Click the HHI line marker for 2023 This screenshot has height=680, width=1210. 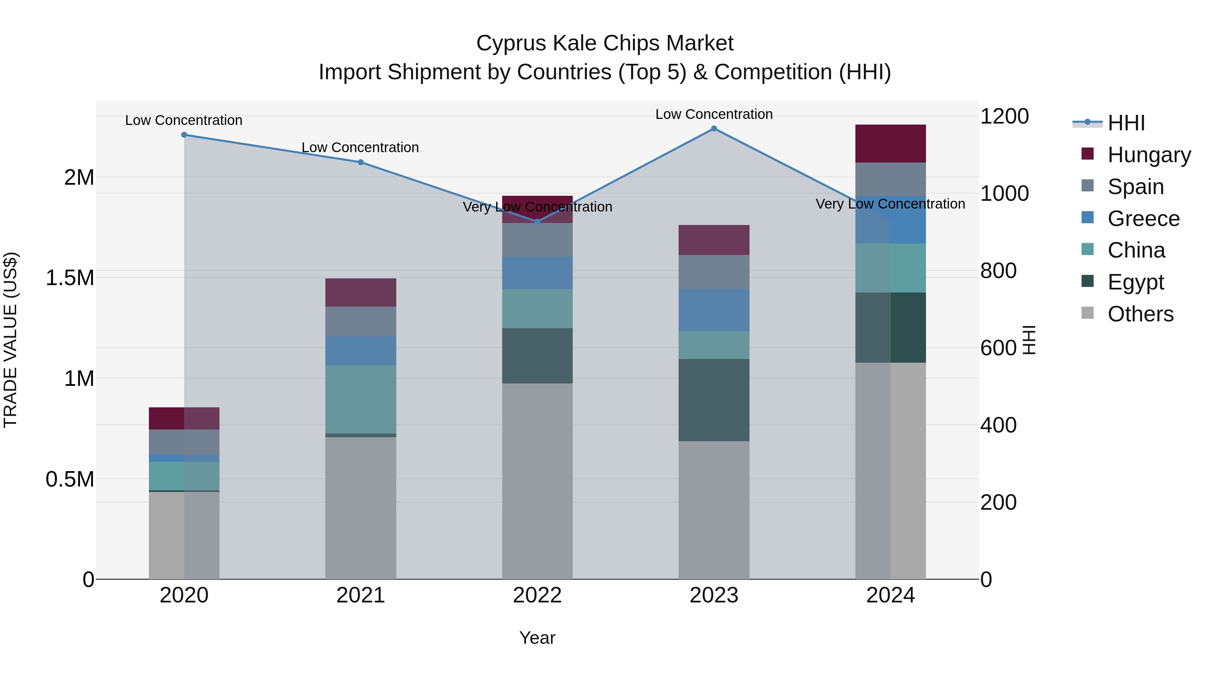(714, 129)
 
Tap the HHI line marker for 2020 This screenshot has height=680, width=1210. (184, 135)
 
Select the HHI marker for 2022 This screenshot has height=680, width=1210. (537, 222)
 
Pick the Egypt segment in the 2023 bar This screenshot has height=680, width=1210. (714, 400)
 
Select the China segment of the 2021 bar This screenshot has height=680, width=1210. (360, 399)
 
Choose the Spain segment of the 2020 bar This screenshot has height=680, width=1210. (184, 442)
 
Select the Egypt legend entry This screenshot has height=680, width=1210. (1135, 282)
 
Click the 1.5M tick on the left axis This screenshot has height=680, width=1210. (70, 278)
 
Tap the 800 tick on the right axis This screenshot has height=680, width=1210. (998, 271)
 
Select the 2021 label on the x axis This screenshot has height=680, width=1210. (360, 595)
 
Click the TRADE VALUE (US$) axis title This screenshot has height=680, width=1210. (11, 340)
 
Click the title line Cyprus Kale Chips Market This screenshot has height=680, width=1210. (605, 43)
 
